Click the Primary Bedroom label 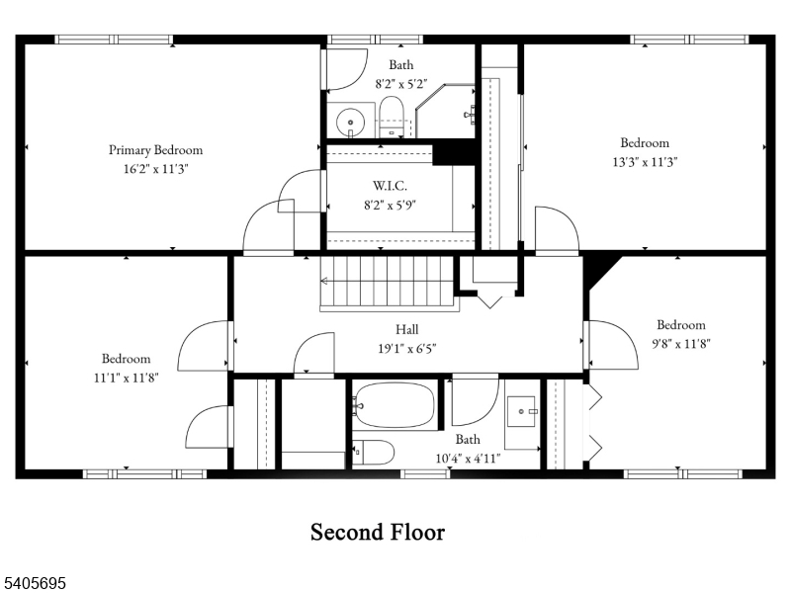[x=155, y=150]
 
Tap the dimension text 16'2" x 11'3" [x=155, y=169]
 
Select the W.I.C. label [x=390, y=186]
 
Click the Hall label [x=406, y=329]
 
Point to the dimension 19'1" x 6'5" [x=406, y=348]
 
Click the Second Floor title [x=378, y=532]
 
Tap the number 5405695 [x=36, y=584]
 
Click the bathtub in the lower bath [x=395, y=405]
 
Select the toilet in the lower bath [x=373, y=452]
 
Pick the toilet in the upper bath [x=393, y=117]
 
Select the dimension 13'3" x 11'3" [x=645, y=161]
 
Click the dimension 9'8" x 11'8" [x=681, y=344]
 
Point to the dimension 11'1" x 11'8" [x=126, y=377]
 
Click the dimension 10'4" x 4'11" [x=468, y=458]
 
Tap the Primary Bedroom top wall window [x=115, y=40]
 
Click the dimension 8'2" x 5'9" [x=390, y=206]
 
